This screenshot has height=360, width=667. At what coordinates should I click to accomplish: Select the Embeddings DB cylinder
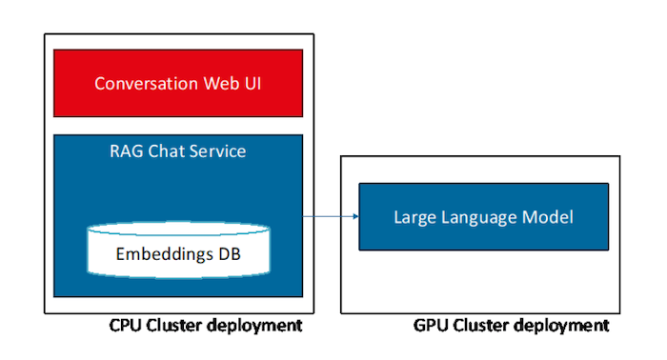(178, 250)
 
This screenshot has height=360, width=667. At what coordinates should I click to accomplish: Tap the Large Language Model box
(483, 217)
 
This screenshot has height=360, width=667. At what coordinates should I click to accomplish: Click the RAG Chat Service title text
(178, 150)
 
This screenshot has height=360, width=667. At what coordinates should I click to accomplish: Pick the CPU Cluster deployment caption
(207, 326)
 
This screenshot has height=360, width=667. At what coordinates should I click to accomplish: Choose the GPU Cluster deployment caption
(511, 326)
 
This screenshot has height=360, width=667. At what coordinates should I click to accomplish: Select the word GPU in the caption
(431, 326)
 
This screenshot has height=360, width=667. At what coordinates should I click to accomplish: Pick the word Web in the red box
(214, 84)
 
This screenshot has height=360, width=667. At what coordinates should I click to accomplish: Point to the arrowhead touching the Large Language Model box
(354, 217)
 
